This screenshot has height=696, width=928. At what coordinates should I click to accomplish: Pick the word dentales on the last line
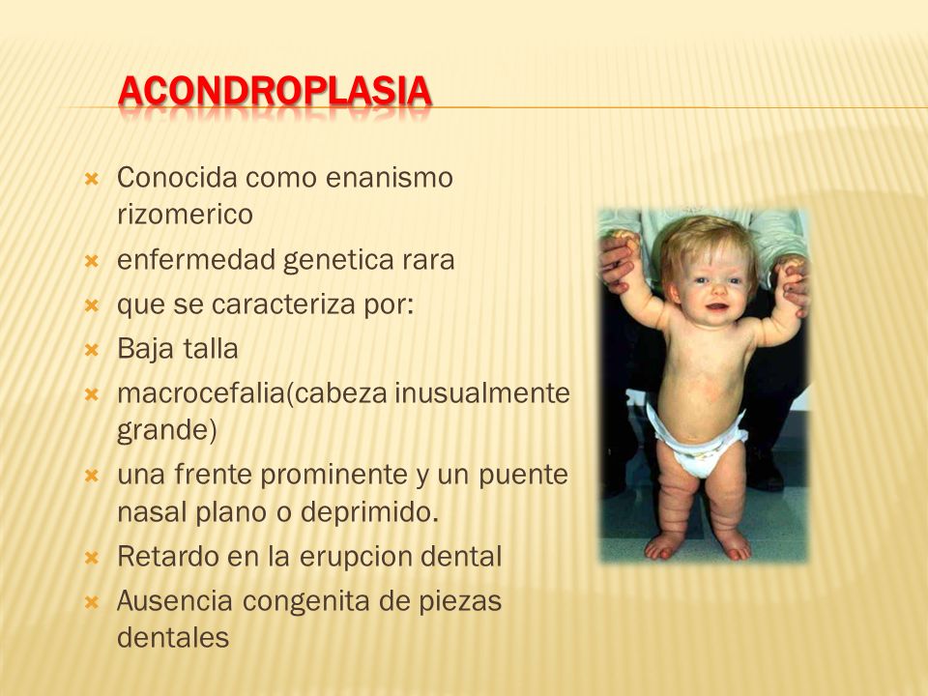(173, 637)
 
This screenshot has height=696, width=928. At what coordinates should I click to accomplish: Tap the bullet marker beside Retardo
(90, 557)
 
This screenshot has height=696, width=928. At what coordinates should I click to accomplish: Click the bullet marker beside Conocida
(90, 179)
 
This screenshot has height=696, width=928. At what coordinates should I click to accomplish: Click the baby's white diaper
(697, 442)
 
